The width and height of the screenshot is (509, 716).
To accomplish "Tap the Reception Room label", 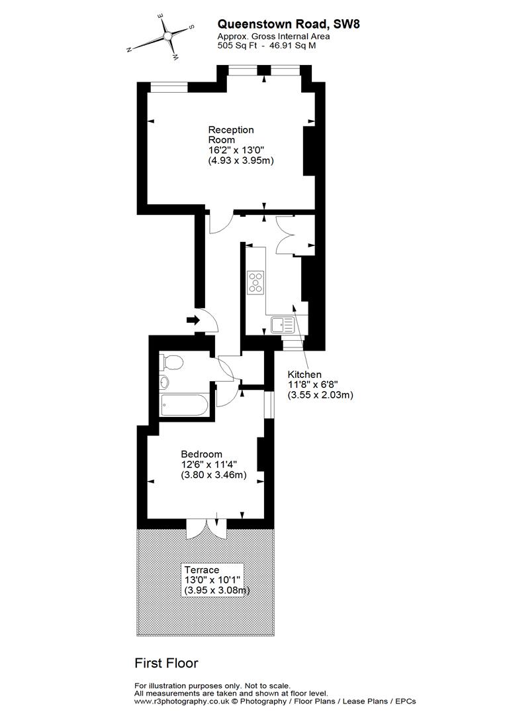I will coord(231,135).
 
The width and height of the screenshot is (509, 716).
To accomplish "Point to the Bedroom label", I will coord(201,454).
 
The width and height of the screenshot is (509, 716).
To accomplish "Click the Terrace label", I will coord(202,569).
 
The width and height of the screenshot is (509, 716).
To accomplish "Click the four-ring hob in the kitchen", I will coord(256,282).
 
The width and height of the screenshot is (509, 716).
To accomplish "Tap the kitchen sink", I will coord(283,326).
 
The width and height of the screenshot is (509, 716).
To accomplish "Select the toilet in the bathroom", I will coord(173,363).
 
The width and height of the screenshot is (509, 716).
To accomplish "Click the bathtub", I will coord(184,405).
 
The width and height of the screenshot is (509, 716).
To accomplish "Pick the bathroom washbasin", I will coord(164,383).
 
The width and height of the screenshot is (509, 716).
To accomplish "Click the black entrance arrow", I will coord(193,320).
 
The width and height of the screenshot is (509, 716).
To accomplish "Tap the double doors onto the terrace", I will coord(207,528).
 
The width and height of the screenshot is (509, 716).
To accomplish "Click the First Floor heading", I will coord(166,663).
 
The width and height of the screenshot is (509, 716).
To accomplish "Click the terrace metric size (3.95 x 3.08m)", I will coord(217,590).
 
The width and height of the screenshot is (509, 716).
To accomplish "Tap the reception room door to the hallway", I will coord(220,224).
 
